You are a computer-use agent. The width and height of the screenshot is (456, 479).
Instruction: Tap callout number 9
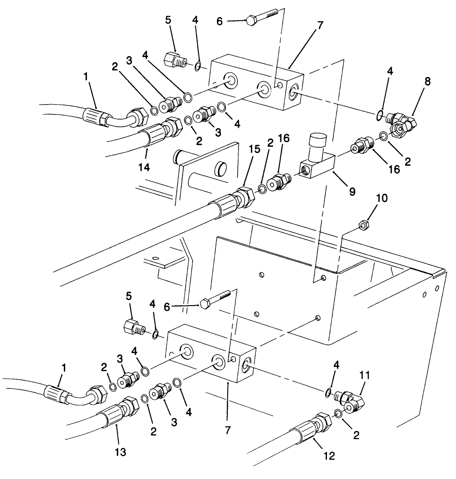click(351, 191)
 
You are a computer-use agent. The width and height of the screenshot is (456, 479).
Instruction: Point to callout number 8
click(427, 81)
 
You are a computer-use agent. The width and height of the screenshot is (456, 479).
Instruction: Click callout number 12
click(329, 456)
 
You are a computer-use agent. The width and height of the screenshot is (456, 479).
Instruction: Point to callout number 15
click(255, 148)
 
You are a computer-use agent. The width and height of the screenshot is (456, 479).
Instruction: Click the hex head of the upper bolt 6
click(250, 20)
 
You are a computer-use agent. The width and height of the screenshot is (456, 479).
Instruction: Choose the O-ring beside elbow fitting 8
click(379, 115)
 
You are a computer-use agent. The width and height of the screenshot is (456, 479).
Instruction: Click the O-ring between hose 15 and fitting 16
click(262, 188)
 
